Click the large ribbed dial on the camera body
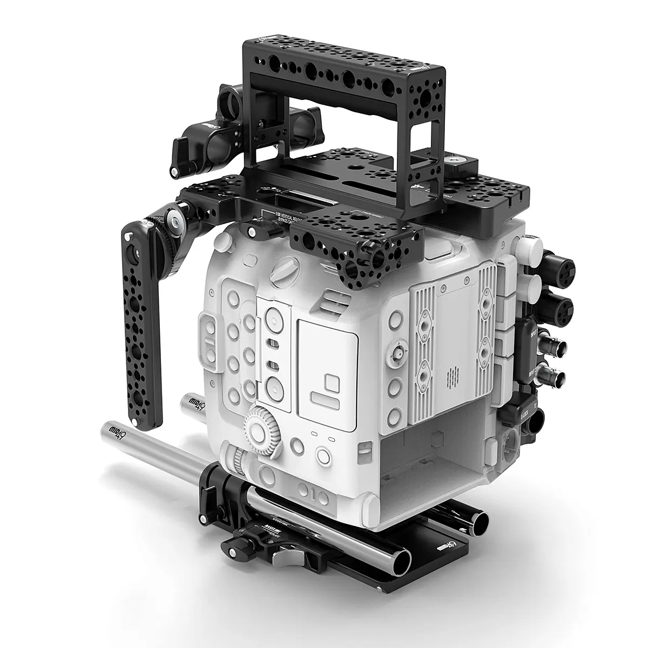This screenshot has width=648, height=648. [263, 429]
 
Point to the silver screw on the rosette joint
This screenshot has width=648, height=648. [173, 218]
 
